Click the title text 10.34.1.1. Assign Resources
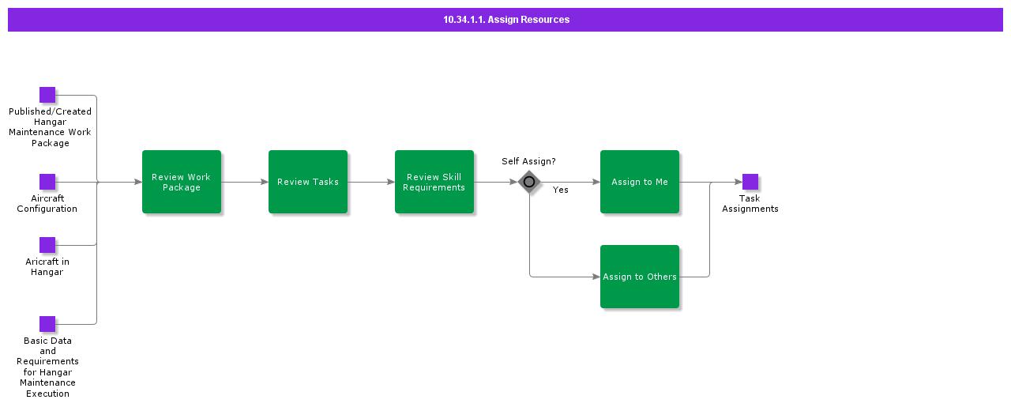pyautogui.click(x=505, y=20)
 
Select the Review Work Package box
pyautogui.click(x=182, y=182)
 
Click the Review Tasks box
pyautogui.click(x=308, y=182)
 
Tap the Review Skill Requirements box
pyautogui.click(x=434, y=182)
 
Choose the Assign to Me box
pyautogui.click(x=640, y=182)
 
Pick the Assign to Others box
pyautogui.click(x=640, y=277)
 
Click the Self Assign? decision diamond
pyautogui.click(x=529, y=182)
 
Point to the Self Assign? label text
pyautogui.click(x=528, y=161)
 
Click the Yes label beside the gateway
pyautogui.click(x=560, y=190)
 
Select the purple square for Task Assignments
pyautogui.click(x=750, y=182)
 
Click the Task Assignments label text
pyautogui.click(x=750, y=204)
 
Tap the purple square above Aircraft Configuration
pyautogui.click(x=47, y=182)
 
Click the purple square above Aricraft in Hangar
pyautogui.click(x=47, y=245)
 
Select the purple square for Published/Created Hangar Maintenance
pyautogui.click(x=47, y=95)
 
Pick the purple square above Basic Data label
pyautogui.click(x=47, y=324)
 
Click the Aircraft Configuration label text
pyautogui.click(x=47, y=204)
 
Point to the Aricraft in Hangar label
pyautogui.click(x=47, y=267)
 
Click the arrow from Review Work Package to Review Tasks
pyautogui.click(x=245, y=182)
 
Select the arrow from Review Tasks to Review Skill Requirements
pyautogui.click(x=371, y=182)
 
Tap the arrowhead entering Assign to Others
pyautogui.click(x=596, y=277)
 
